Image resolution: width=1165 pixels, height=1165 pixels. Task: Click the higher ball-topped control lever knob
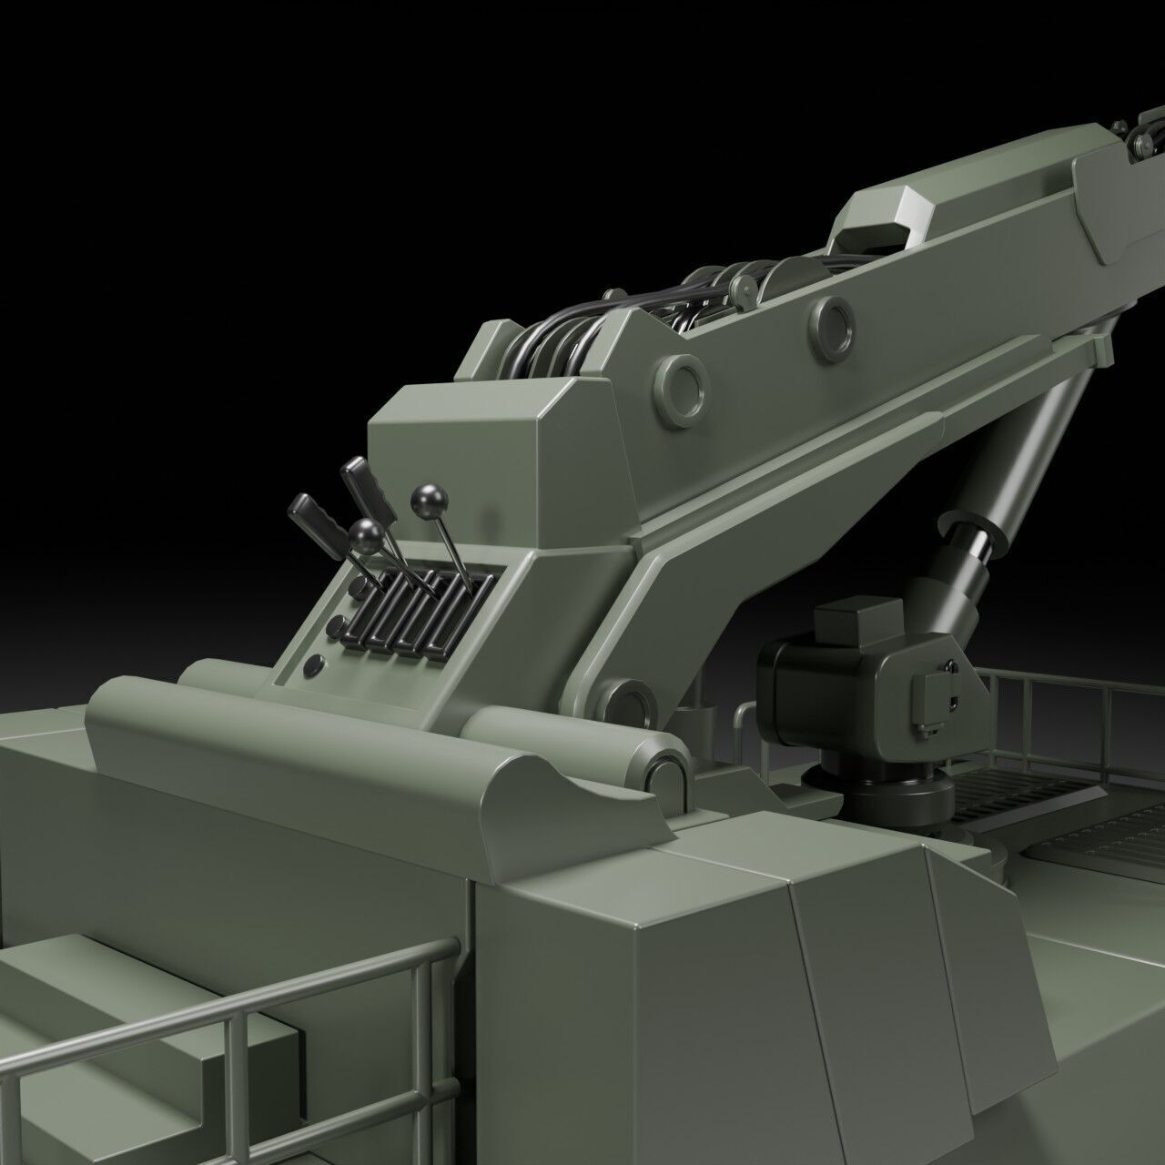424,499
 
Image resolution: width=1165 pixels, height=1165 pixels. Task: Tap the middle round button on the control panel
338,626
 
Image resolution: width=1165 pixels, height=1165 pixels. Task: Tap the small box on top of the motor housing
856,623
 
